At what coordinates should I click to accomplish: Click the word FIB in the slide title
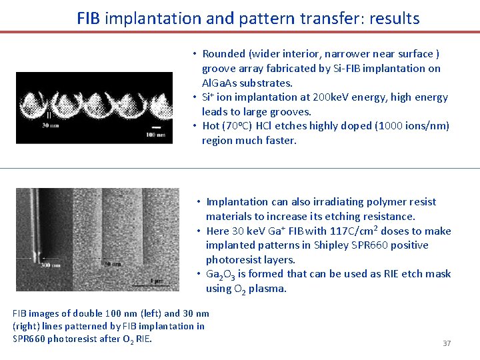click(89, 18)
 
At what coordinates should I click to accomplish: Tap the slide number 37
click(447, 343)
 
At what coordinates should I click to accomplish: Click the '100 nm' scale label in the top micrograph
click(156, 135)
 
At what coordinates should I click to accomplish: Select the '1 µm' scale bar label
click(156, 281)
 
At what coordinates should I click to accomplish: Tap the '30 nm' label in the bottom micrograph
click(112, 265)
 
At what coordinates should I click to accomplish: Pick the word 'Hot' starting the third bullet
click(211, 126)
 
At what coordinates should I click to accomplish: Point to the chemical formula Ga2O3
click(221, 274)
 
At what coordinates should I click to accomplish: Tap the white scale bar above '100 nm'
click(155, 127)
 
